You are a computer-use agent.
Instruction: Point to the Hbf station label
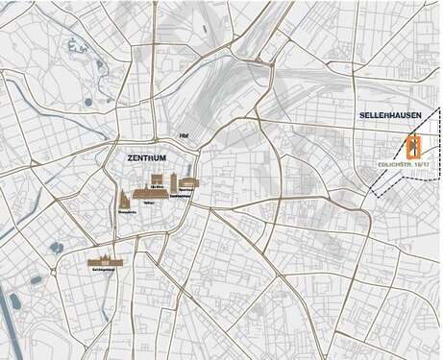[x=184, y=135]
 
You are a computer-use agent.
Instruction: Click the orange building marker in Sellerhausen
[x=414, y=147]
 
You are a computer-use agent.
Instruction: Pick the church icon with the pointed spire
[x=124, y=199]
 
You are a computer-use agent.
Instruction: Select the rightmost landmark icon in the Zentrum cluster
[x=187, y=182]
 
